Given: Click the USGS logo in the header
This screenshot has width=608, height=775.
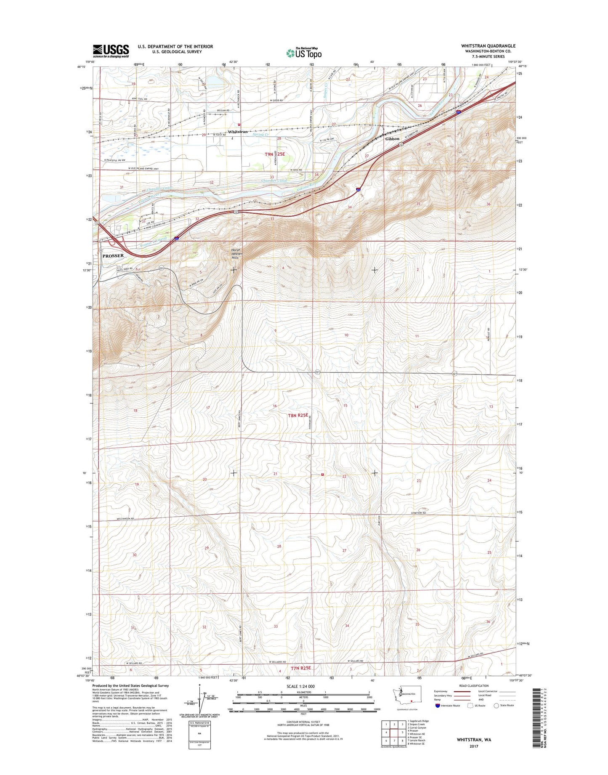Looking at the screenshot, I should (111, 50).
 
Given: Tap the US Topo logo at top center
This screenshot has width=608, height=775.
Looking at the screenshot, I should (304, 53).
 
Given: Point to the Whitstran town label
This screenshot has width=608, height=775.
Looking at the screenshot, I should (238, 132).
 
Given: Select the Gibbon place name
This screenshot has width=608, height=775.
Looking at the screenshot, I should (392, 138).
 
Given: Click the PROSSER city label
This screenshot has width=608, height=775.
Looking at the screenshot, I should (113, 255).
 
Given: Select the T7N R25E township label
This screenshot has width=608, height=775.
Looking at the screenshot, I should (301, 668).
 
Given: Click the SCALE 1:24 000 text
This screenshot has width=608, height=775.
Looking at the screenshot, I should (300, 686).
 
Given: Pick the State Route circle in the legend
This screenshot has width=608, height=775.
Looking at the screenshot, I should (496, 706).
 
